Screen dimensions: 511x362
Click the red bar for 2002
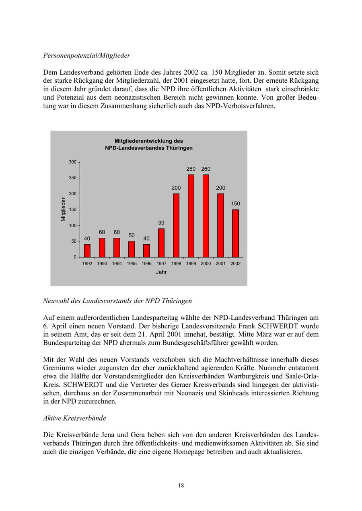pyautogui.click(x=235, y=233)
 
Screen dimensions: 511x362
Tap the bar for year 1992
pyautogui.click(x=87, y=251)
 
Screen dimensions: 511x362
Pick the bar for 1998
pyautogui.click(x=176, y=225)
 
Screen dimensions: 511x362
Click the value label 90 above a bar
pyautogui.click(x=161, y=223)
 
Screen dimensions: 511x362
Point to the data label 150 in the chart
pyautogui.click(x=235, y=204)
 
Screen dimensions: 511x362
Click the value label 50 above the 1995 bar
pyautogui.click(x=132, y=235)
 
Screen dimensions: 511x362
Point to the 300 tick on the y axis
pyautogui.click(x=72, y=162)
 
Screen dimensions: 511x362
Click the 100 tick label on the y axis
pyautogui.click(x=72, y=225)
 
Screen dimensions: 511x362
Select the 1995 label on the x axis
pyautogui.click(x=132, y=264)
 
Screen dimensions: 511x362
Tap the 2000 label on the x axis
pyautogui.click(x=206, y=264)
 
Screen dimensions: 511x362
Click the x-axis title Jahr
pyautogui.click(x=161, y=272)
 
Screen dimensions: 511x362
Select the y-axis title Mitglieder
pyautogui.click(x=63, y=209)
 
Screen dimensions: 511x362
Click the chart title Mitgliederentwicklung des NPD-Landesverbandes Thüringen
pyautogui.click(x=148, y=145)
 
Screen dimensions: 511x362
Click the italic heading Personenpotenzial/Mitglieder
pyautogui.click(x=86, y=55)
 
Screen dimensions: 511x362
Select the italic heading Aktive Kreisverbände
pyautogui.click(x=74, y=418)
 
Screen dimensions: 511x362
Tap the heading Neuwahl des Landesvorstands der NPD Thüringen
pyautogui.click(x=117, y=300)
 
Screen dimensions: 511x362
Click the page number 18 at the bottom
pyautogui.click(x=181, y=485)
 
